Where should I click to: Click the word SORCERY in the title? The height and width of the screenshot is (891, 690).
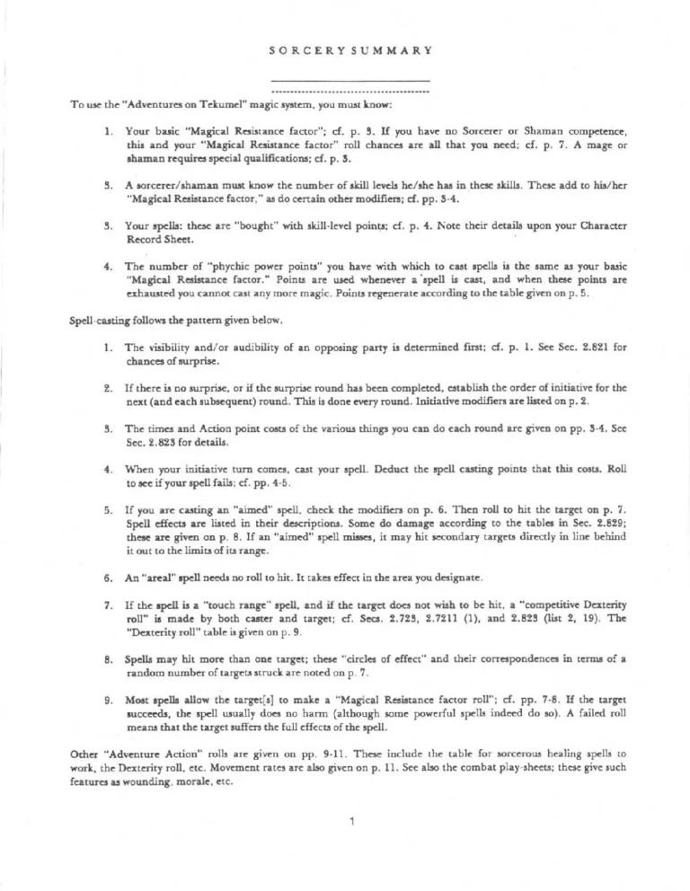pos(301,50)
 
